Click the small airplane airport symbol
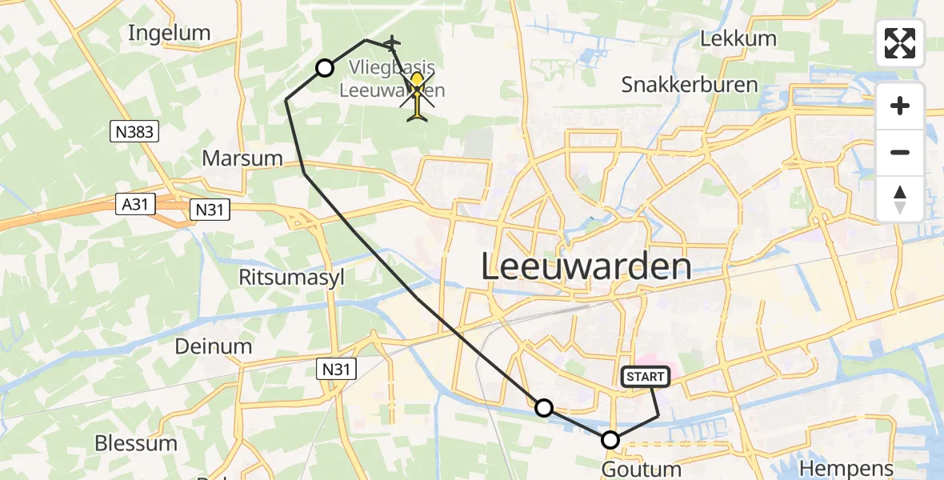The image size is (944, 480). (392, 42)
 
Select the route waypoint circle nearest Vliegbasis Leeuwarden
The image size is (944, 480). (325, 68)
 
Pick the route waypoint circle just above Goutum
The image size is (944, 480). (610, 440)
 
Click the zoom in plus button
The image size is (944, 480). (900, 106)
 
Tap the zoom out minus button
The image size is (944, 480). (900, 152)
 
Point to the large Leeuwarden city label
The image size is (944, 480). (586, 266)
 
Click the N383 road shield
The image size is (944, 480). (134, 131)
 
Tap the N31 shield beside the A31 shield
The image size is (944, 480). (210, 210)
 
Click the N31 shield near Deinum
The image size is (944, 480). (334, 368)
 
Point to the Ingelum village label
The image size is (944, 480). (169, 33)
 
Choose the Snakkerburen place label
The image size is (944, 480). (690, 85)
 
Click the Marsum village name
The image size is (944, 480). (242, 158)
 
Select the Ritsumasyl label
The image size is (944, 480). (288, 277)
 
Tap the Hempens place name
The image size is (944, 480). (846, 469)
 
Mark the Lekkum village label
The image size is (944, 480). (738, 38)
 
